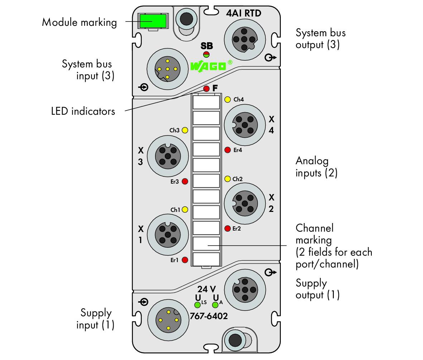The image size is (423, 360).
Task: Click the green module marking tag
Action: pos(153,21)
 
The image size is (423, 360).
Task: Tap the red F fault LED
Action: pos(206,89)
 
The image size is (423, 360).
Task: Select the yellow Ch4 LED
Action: pos(228,99)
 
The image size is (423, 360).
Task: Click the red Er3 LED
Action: pos(185,181)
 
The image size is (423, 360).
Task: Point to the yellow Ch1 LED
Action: pos(185,209)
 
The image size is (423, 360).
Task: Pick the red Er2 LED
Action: pos(227,228)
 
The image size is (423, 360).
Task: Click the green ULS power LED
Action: pos(197,305)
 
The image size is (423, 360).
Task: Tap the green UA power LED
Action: pos(215,305)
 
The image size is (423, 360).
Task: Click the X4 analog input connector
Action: pos(245,125)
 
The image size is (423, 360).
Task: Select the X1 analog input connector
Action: pos(168,235)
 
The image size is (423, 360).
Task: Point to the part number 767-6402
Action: pos(209,316)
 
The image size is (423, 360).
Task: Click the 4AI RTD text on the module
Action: pos(244,13)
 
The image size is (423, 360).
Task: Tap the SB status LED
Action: pos(206,55)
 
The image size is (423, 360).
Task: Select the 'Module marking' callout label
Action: pos(79,23)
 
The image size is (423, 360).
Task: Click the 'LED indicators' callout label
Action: pos(83,111)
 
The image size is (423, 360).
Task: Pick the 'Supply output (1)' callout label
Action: pos(318,289)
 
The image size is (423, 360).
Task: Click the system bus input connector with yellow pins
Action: pos(168,69)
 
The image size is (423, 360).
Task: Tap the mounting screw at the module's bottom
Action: pos(235,340)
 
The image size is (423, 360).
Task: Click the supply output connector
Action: pos(245,290)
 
